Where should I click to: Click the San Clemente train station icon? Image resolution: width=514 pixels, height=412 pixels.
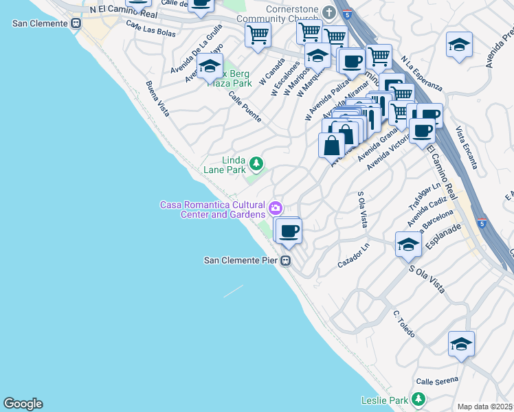coord(77,23)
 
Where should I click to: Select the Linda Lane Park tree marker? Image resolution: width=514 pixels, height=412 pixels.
coord(256,163)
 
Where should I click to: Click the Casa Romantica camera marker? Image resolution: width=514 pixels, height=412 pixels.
coord(276,207)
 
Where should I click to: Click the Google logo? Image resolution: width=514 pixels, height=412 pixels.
coord(23,404)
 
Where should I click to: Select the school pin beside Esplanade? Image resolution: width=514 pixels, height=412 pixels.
coord(408,244)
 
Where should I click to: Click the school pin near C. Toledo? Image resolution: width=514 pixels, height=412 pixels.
coord(461,344)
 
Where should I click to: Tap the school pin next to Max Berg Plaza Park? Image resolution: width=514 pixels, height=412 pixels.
coord(210,67)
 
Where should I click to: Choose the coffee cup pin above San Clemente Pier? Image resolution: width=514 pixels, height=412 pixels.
coord(289,231)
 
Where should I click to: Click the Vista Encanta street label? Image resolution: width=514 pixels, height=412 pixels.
coord(465,150)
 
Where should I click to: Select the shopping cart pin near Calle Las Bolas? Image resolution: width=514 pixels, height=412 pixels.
coord(258,34)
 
